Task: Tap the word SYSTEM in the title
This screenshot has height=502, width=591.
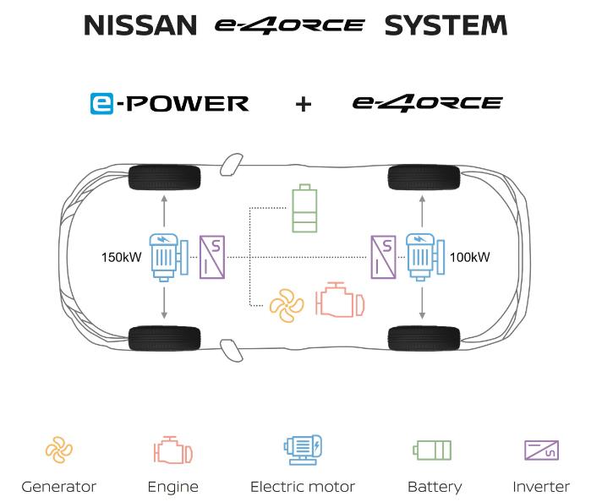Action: [446, 25]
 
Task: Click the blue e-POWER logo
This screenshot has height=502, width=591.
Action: [169, 104]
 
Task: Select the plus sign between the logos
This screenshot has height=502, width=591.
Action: [303, 105]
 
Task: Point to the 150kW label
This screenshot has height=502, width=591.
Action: [121, 256]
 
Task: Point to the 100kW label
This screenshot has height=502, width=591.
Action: [470, 256]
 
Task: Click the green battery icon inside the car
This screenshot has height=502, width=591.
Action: [304, 209]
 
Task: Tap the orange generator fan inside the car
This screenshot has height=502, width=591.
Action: [286, 302]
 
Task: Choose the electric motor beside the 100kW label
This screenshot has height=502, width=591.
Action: [423, 255]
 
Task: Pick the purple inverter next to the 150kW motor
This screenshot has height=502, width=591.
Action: [211, 256]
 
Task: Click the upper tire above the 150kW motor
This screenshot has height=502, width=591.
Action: [164, 177]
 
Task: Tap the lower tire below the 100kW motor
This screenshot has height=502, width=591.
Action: [424, 338]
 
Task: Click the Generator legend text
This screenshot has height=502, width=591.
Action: [59, 487]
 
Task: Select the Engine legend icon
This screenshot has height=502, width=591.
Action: [172, 450]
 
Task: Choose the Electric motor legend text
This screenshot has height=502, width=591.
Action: [303, 487]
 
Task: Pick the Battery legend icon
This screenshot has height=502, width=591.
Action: [432, 450]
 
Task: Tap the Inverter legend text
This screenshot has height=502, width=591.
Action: [541, 487]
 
